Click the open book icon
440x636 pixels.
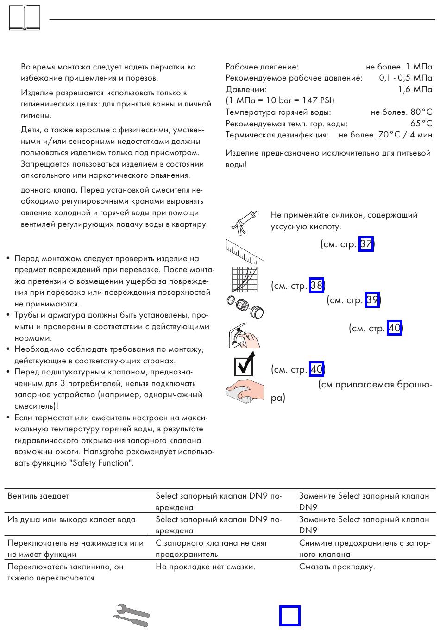24,18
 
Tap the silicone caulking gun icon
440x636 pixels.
244,222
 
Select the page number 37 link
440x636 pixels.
366,244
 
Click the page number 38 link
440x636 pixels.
316,286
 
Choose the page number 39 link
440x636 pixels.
372,300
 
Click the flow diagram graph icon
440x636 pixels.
244,279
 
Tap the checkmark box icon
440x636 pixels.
245,364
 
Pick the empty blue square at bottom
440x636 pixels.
290,616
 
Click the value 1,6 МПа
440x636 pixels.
415,89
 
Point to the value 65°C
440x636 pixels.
421,124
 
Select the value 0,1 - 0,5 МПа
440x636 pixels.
405,78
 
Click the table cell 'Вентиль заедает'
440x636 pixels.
38,496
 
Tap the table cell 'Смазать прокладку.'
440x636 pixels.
337,567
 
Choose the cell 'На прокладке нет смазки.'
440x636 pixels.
205,567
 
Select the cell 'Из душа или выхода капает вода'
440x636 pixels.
72,520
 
